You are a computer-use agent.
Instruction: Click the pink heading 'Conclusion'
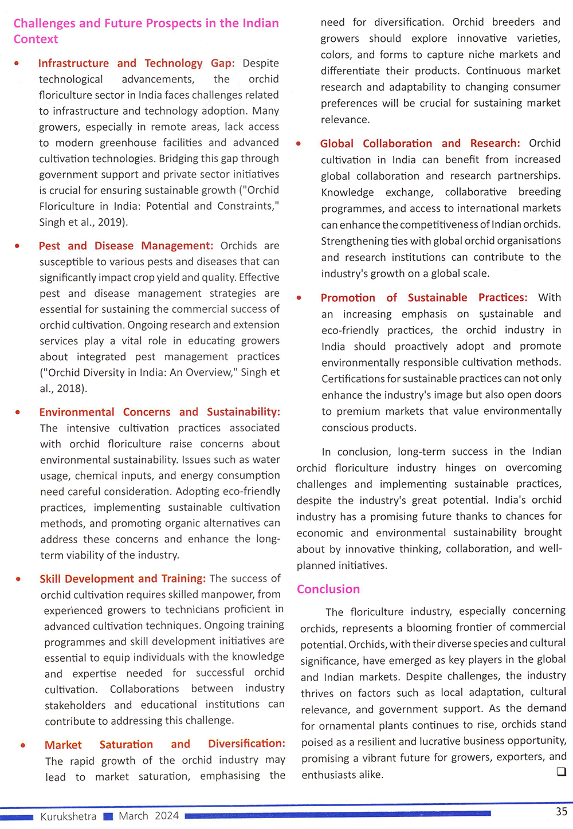click(x=328, y=589)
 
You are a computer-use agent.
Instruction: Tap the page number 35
click(x=562, y=811)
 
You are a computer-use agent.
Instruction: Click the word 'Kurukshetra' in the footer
click(x=68, y=816)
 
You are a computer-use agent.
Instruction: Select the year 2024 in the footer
click(x=166, y=816)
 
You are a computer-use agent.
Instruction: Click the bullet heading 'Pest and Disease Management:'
click(x=126, y=246)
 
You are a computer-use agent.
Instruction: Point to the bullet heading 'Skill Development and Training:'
click(x=122, y=579)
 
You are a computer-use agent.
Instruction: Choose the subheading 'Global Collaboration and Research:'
click(x=420, y=143)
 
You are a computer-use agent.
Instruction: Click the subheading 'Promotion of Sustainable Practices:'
click(x=424, y=297)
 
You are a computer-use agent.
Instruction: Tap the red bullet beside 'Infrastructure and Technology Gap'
click(x=17, y=64)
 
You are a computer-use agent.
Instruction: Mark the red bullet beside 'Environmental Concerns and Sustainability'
click(x=18, y=412)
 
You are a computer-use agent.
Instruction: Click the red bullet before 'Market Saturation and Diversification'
click(x=23, y=745)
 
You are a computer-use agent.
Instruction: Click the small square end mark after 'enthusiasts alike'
click(x=561, y=772)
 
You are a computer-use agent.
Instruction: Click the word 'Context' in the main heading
click(x=36, y=39)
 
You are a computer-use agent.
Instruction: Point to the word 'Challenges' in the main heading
click(x=44, y=23)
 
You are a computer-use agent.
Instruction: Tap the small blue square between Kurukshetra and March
click(x=108, y=816)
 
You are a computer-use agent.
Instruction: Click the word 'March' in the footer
click(x=134, y=816)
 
